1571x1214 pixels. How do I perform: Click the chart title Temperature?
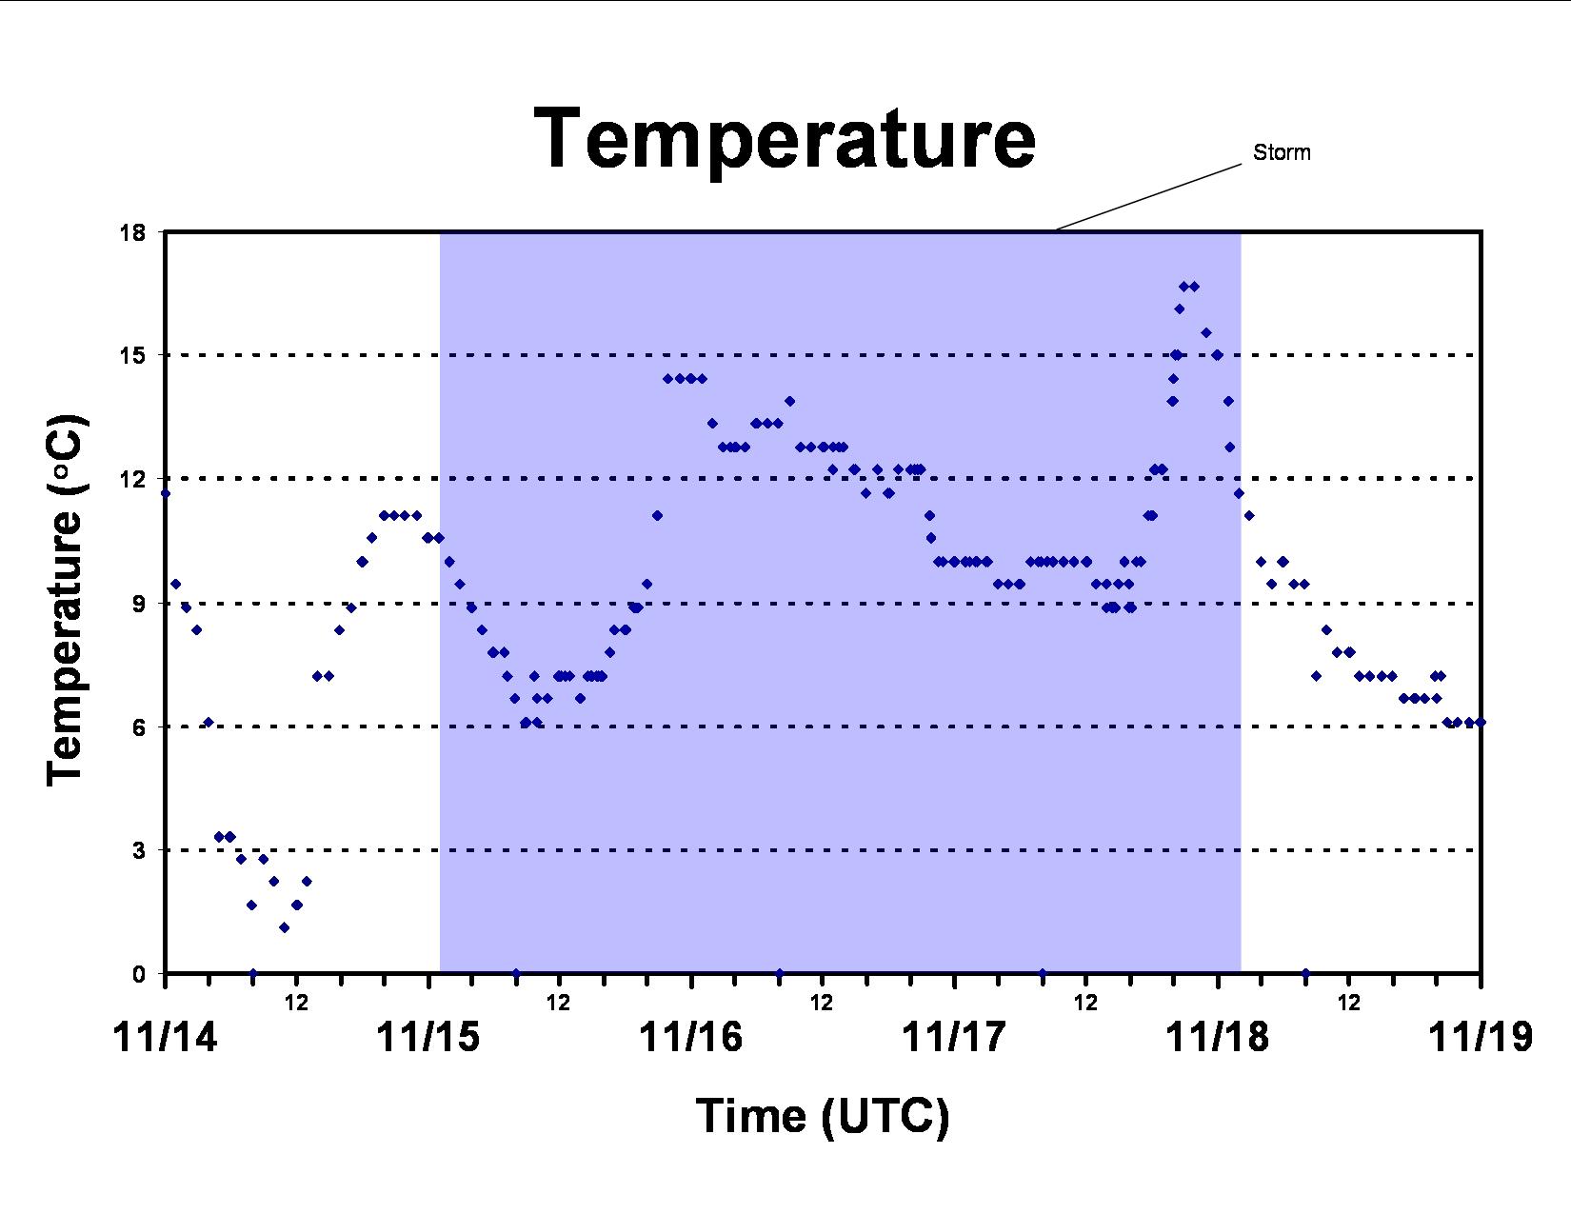785,138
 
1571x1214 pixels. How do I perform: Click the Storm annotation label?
1282,152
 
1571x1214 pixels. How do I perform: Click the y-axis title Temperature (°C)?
67,601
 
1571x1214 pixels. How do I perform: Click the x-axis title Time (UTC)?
823,1116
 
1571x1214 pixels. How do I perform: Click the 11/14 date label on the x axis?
166,1037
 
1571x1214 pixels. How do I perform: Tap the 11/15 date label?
428,1037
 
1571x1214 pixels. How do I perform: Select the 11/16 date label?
691,1037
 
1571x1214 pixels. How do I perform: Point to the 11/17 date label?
954,1037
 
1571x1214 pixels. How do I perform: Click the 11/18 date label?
1218,1037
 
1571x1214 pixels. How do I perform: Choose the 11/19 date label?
1481,1037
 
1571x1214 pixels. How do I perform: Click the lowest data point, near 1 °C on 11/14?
284,927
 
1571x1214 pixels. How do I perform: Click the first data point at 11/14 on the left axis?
166,494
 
